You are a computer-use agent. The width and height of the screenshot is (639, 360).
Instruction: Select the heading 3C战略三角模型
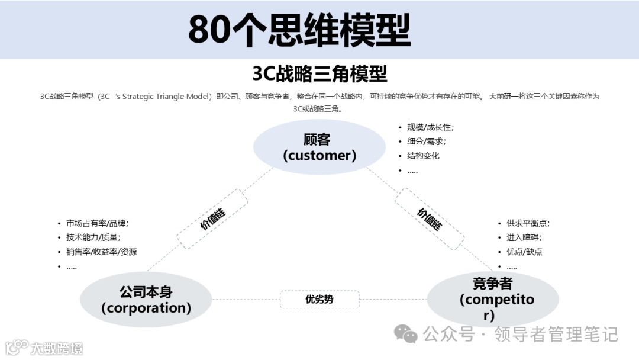[319, 74]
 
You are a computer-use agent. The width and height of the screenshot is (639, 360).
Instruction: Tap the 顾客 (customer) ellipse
[319, 147]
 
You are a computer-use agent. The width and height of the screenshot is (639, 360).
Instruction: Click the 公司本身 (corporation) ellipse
[146, 300]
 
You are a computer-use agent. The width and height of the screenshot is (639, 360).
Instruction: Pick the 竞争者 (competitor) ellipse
[492, 299]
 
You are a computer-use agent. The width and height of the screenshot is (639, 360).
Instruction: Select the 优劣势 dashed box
[319, 300]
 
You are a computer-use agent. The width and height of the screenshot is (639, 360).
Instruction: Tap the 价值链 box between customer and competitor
[430, 218]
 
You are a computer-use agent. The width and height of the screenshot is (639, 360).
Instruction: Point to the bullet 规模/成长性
[430, 127]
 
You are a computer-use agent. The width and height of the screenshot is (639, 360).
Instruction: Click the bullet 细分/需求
[427, 142]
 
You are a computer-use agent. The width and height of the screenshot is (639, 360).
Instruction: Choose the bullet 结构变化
[423, 156]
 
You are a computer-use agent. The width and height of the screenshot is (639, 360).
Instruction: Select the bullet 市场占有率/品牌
[97, 223]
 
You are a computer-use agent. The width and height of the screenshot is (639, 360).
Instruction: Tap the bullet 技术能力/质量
[93, 237]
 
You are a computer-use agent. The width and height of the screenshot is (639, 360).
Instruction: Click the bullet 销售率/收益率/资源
[101, 252]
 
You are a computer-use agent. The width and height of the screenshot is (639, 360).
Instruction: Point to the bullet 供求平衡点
[528, 223]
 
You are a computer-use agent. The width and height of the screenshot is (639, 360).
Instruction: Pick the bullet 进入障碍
[524, 237]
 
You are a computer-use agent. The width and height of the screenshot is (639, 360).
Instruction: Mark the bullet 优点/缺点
[524, 252]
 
